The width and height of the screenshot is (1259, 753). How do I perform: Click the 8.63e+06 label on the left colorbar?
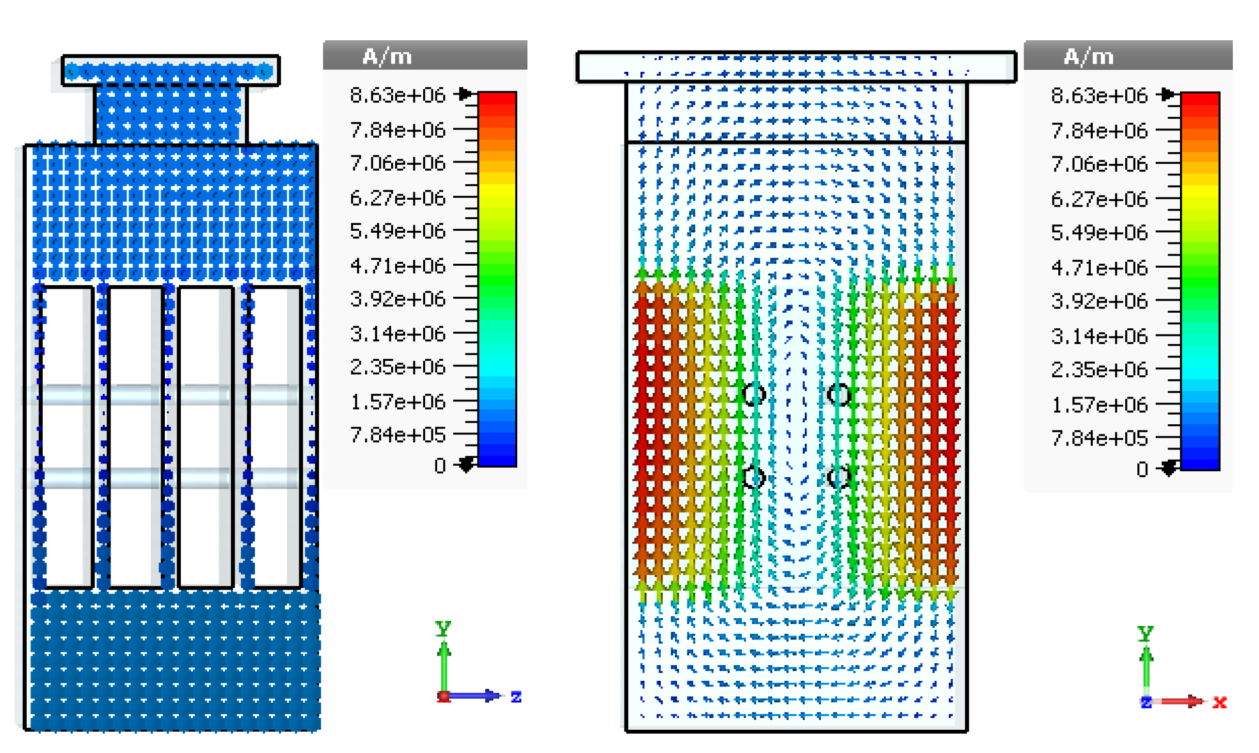397,96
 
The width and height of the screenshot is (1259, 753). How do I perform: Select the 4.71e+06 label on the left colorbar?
397,266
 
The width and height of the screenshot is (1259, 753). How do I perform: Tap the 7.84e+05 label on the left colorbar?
397,435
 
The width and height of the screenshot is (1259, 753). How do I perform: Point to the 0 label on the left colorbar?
440,466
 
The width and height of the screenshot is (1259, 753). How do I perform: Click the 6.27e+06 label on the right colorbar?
1099,199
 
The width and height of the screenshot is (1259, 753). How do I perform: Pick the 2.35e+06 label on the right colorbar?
1099,369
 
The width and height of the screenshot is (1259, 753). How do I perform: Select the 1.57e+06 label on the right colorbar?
1099,405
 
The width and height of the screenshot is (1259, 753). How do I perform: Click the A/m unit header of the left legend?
387,56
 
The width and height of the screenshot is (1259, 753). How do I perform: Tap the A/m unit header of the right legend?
1088,56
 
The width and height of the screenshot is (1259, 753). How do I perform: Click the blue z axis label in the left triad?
516,697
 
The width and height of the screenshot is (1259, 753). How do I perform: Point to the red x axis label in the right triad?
1219,702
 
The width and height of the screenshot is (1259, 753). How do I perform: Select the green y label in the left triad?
443,628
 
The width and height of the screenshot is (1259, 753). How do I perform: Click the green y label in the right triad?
1146,633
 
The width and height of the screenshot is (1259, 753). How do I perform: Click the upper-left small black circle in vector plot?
754,394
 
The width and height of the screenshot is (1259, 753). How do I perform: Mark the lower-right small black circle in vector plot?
838,478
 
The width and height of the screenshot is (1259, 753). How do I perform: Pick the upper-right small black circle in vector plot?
838,394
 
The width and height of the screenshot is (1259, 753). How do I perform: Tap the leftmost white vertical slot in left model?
67,436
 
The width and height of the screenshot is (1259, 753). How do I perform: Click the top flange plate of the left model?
171,70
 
